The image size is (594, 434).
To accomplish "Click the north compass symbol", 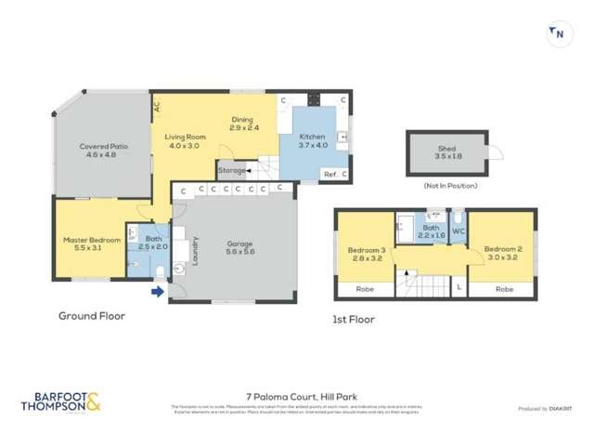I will point(559,34).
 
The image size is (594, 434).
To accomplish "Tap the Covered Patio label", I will point(104,147).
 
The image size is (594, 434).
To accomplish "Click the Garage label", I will point(239,244).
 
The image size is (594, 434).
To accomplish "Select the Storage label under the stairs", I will point(232,171).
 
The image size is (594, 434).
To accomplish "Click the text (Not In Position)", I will point(450,186).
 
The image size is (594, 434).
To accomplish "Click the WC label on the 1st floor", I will point(458,230).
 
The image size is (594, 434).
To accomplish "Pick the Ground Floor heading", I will point(92,316).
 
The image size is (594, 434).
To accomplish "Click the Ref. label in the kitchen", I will point(330,174).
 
